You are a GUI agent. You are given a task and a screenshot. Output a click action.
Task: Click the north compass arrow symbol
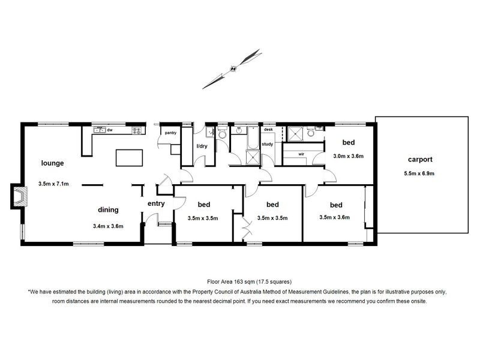point(233,69)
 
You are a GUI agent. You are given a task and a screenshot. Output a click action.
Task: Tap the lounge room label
point(53,163)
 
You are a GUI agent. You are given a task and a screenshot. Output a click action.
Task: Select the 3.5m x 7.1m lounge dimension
point(57,184)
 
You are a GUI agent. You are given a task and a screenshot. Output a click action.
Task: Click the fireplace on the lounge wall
point(19,196)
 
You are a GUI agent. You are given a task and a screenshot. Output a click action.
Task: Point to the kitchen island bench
point(130,158)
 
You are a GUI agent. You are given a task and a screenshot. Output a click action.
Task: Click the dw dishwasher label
point(110,130)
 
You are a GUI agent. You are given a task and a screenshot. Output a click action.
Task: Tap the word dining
point(108,210)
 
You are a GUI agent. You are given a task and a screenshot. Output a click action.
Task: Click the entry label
point(156,204)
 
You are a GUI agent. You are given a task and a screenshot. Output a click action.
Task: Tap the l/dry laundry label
point(202,146)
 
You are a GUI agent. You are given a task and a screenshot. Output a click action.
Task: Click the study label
point(268,144)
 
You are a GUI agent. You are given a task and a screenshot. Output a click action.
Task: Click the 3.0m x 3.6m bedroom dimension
point(349,156)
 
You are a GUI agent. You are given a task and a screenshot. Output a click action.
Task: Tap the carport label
point(420,160)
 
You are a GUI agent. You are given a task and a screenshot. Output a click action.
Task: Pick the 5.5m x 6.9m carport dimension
point(420,173)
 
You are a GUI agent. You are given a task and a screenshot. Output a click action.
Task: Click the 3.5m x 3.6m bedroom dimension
point(334,218)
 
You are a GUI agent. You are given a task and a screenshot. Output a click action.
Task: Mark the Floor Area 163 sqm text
point(239,280)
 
